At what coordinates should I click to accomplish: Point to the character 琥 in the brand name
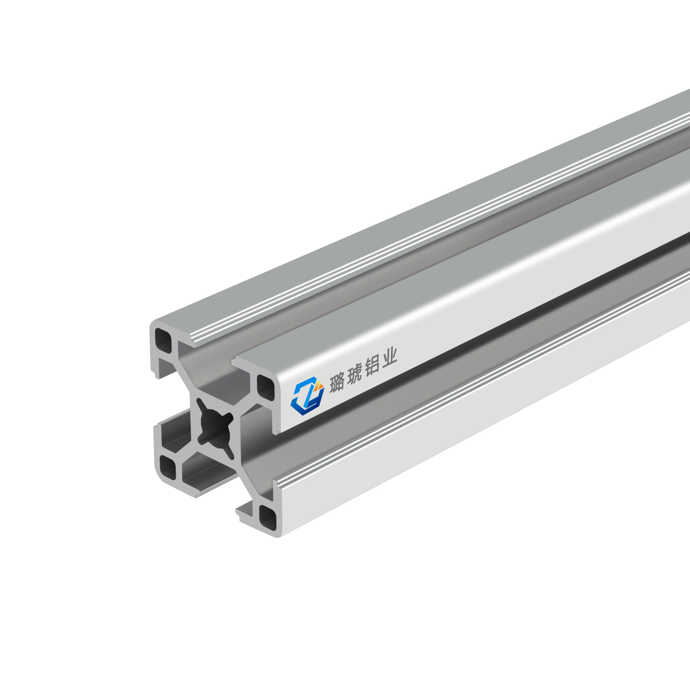click(x=354, y=374)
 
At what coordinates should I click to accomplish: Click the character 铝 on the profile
click(x=372, y=365)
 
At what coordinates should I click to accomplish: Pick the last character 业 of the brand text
click(x=388, y=357)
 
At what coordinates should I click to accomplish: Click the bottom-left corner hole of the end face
click(x=168, y=467)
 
